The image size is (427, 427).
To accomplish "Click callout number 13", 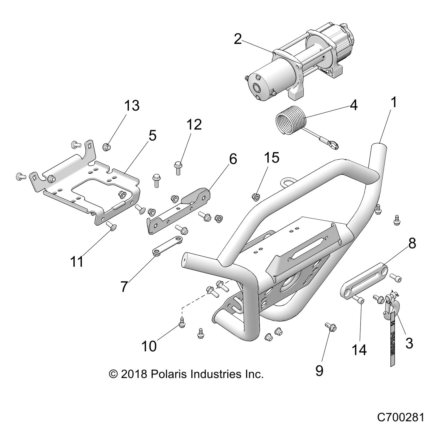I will pos(131,106).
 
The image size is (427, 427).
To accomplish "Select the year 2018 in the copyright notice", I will pos(134,374).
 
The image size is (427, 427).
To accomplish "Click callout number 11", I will pos(77,262).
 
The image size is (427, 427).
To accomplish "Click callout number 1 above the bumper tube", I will pos(393,102).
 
